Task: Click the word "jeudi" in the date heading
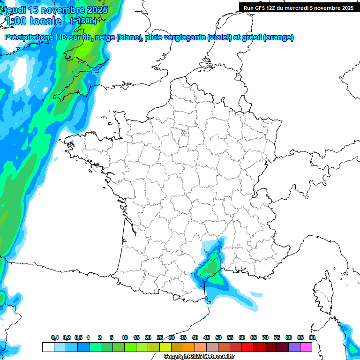(x=17, y=10)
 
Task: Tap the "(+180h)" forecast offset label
(x=83, y=21)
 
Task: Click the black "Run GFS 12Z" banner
(x=299, y=7)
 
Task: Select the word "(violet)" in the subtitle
(x=220, y=37)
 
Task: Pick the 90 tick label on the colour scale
(x=312, y=337)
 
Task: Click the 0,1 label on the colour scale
(x=54, y=337)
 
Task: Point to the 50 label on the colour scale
(x=218, y=337)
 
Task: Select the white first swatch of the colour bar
(x=48, y=347)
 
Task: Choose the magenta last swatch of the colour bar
(x=306, y=347)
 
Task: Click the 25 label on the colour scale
(x=160, y=337)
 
